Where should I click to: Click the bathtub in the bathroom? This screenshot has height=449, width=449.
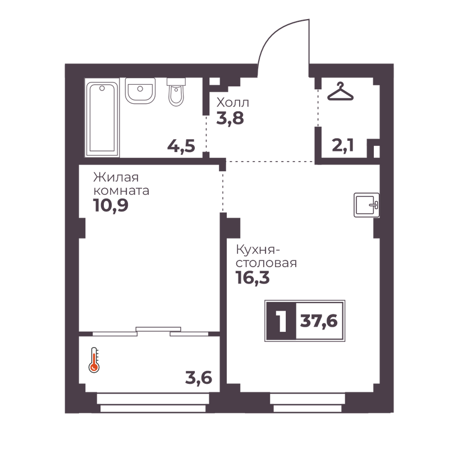[x=102, y=117]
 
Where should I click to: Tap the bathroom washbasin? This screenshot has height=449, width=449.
[x=140, y=90]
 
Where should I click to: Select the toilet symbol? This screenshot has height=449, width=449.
[x=176, y=91]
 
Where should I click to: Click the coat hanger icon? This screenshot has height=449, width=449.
[x=341, y=91]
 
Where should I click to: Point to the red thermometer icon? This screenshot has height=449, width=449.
[x=94, y=360]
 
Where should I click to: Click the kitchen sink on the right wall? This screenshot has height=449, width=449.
[x=366, y=205]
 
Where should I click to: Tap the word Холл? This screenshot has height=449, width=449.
[x=233, y=102]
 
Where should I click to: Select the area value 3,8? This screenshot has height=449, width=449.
[x=230, y=118]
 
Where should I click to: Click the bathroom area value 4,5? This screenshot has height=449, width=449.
[x=181, y=146]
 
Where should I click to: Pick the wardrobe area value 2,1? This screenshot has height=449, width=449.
[x=343, y=145]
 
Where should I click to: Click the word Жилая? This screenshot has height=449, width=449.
[x=116, y=177]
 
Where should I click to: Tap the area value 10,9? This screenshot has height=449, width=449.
[x=111, y=205]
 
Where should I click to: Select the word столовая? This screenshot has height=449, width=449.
[x=266, y=263]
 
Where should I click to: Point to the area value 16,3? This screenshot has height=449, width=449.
[x=253, y=278]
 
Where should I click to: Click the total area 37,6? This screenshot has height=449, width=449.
[x=319, y=321]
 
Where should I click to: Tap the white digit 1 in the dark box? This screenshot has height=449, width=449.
[x=282, y=321]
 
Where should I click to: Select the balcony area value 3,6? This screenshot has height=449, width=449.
[x=199, y=378]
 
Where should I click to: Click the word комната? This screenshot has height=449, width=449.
[x=121, y=191]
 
